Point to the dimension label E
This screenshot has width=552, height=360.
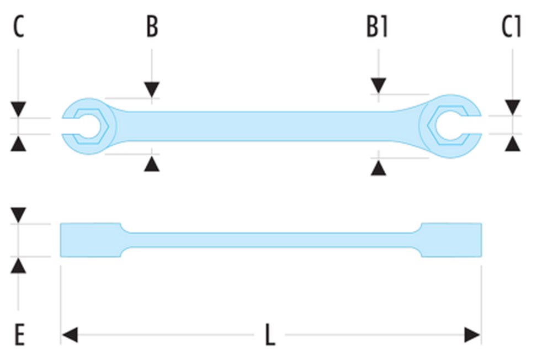coord(19,335)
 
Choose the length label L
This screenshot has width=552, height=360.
coord(269,335)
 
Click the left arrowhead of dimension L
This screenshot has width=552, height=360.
coord(70,335)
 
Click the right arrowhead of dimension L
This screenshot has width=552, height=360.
coord(472,335)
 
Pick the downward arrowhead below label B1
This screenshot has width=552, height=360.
coord(378,86)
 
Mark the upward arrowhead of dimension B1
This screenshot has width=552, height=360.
coord(378,167)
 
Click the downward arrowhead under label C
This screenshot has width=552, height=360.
coord(19,109)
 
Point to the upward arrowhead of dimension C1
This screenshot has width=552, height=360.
coord(513,144)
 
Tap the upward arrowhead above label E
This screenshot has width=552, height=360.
coord(19,266)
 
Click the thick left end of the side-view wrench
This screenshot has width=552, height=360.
coord(90,240)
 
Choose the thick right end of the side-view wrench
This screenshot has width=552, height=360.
coord(451,240)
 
